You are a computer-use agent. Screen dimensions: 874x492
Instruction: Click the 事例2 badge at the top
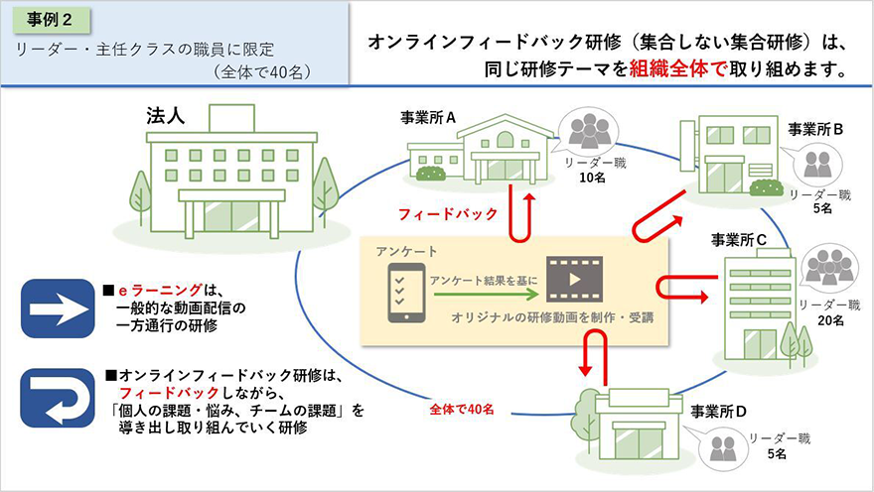point(51,21)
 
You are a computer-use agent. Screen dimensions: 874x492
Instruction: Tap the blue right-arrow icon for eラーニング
point(58,308)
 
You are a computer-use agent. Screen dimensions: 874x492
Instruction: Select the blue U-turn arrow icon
point(58,398)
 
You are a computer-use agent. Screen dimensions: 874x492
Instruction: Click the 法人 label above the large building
point(166,116)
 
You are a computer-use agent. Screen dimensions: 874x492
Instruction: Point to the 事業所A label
point(428,117)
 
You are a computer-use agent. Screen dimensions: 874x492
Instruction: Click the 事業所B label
point(815,130)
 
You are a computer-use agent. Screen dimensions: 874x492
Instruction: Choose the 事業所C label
point(739,240)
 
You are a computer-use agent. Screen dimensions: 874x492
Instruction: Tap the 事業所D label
point(718,412)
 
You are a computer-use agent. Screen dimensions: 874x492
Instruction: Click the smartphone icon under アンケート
point(406,293)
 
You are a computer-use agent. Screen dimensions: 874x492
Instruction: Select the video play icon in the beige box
point(574,279)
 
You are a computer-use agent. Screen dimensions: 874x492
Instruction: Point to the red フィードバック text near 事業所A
point(448,213)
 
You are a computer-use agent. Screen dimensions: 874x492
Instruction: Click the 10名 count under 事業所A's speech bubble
point(592,178)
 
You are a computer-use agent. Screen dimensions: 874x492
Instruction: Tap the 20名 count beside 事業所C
point(830,320)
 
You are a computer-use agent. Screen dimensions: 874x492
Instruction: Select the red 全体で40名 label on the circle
point(462,410)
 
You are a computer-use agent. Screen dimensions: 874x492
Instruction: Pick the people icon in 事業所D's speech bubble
point(724,447)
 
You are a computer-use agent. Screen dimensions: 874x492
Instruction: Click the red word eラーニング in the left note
point(160,290)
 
